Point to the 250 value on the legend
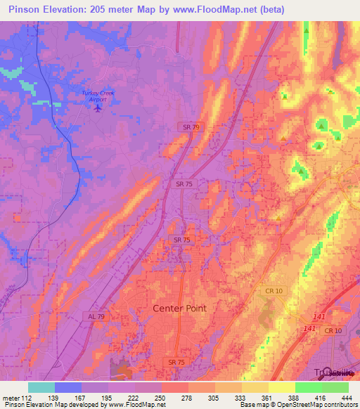pos(161,397)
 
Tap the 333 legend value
pos(240,397)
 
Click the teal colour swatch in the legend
pos(41,387)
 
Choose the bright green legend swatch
pos(308,387)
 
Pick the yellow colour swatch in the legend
pos(281,387)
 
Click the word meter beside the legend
pos(8,397)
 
